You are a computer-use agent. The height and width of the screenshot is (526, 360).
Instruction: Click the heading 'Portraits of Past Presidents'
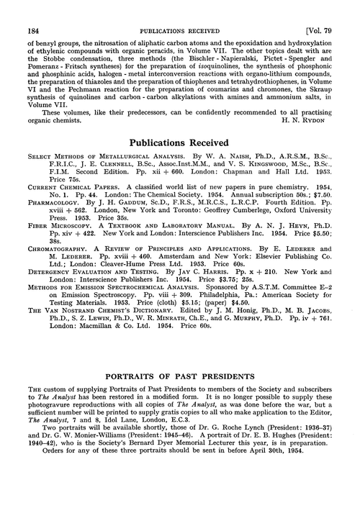tap(179, 375)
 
